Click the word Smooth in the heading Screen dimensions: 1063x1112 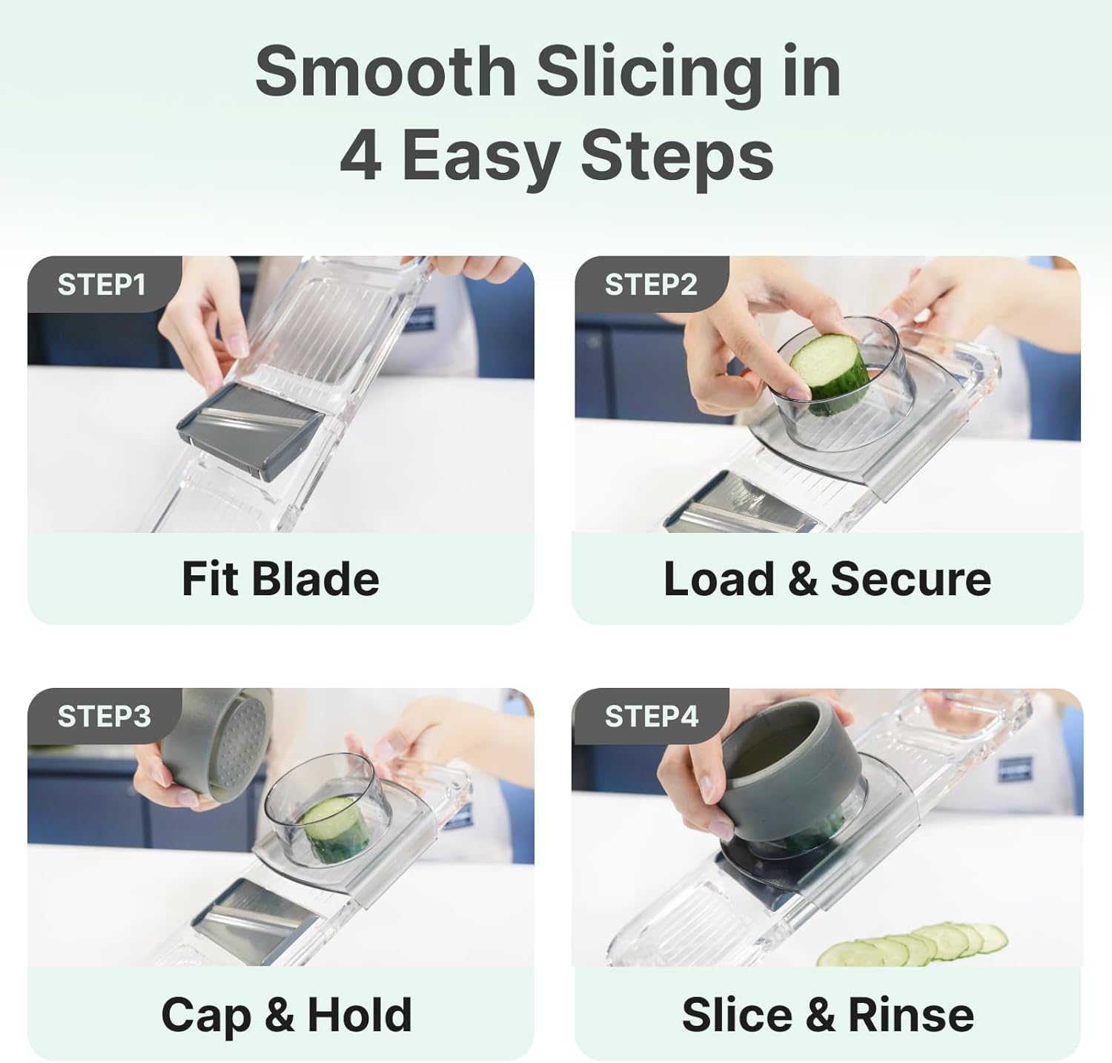point(385,72)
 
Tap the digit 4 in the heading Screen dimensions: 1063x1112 point(361,156)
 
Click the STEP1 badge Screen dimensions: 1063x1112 point(102,285)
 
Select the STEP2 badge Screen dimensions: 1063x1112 point(650,285)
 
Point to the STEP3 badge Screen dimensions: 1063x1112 point(104,716)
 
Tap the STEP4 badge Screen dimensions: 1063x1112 point(651,716)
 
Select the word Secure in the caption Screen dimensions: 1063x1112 point(910,579)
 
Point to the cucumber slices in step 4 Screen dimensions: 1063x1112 point(916,945)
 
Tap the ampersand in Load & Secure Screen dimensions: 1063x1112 point(802,579)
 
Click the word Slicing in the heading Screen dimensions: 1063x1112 point(649,72)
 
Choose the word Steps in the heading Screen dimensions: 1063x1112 point(677,156)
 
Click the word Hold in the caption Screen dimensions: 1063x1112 point(360,1015)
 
